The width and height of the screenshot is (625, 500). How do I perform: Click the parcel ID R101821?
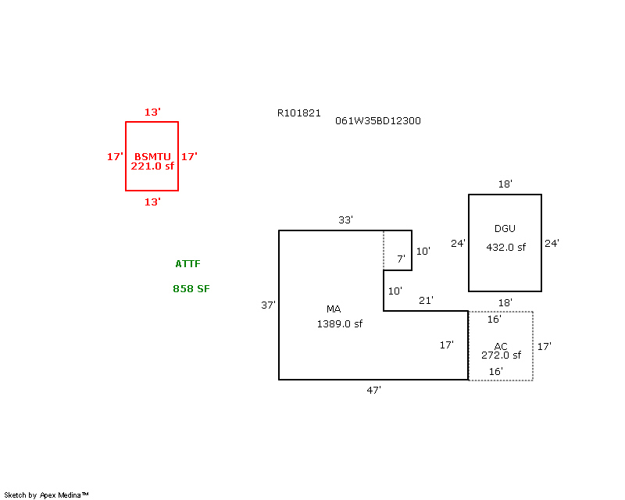[x=298, y=112]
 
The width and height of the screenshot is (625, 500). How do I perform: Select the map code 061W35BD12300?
[x=378, y=121]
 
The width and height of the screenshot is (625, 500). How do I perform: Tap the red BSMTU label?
[x=152, y=156]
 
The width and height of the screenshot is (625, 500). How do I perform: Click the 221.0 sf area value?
[x=152, y=166]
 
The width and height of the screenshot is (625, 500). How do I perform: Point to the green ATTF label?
[x=187, y=264]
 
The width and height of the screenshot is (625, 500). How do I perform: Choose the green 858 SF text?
[x=191, y=289]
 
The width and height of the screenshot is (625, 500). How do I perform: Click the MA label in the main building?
[x=334, y=309]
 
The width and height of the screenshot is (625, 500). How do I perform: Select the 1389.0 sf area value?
[x=339, y=323]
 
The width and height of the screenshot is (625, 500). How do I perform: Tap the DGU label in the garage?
[x=505, y=229]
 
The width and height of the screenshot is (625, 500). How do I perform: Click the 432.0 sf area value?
[x=506, y=247]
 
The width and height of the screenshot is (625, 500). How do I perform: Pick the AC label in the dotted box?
[x=501, y=346]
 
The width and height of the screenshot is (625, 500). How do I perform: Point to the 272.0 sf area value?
[x=501, y=355]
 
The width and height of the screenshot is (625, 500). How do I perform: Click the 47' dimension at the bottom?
[x=374, y=389]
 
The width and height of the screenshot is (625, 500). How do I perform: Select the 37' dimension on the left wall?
[x=268, y=305]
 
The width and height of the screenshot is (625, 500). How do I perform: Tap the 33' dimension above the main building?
[x=345, y=220]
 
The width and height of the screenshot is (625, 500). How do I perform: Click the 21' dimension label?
[x=427, y=300]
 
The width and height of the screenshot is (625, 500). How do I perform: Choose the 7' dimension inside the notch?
[x=401, y=259]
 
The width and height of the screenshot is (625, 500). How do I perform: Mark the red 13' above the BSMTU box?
[x=152, y=112]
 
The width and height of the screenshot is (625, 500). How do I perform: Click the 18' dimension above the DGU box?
[x=505, y=184]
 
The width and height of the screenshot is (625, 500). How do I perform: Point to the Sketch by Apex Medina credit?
[x=47, y=495]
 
